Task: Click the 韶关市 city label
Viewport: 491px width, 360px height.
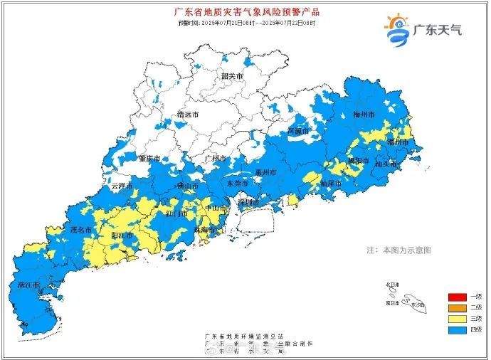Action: (231, 76)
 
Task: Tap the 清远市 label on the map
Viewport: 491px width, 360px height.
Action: (188, 115)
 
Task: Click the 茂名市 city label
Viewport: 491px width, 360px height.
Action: (80, 231)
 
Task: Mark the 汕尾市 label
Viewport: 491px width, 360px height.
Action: (330, 183)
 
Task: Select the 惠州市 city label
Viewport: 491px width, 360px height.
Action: (265, 172)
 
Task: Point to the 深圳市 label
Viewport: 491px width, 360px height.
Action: (248, 202)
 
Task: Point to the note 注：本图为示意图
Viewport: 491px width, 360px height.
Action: (398, 250)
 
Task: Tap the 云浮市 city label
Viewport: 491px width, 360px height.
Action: (123, 186)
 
